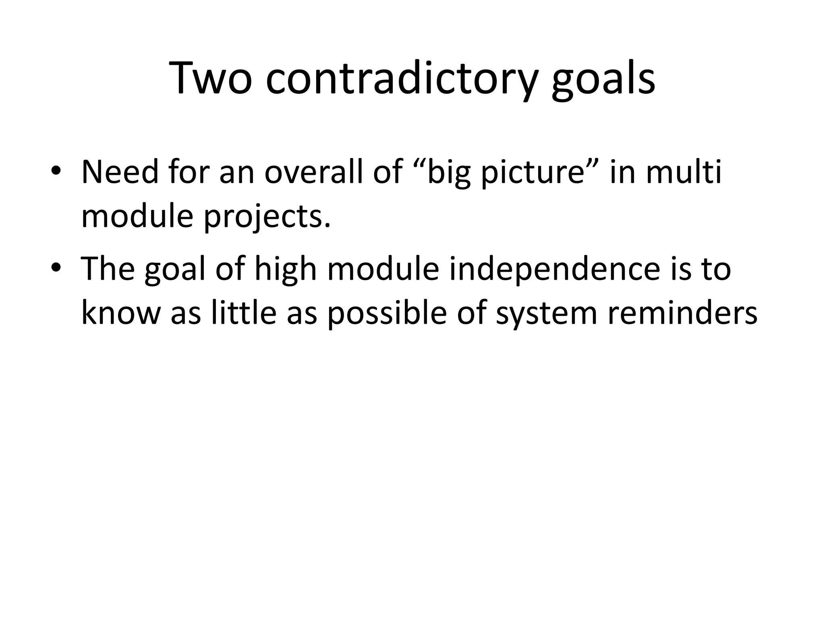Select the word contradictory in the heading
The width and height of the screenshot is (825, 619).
pyautogui.click(x=402, y=79)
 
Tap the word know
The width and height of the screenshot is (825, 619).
pyautogui.click(x=120, y=313)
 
